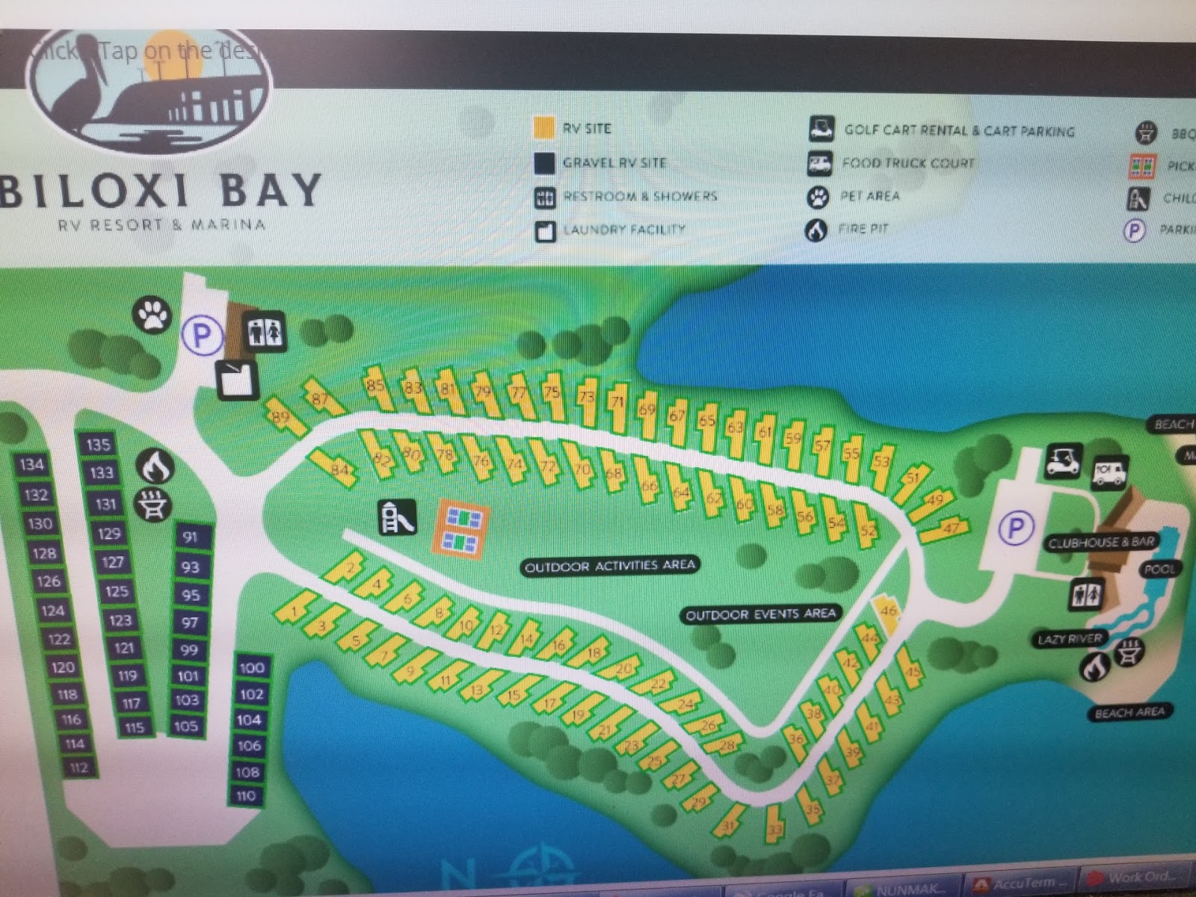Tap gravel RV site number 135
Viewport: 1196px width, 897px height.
98,445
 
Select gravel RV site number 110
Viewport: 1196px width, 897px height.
247,796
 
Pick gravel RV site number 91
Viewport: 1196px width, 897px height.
190,537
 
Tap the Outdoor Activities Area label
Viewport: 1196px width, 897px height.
611,567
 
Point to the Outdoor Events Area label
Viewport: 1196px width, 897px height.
760,614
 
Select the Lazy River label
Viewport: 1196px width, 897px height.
1070,639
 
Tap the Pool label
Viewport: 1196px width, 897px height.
1159,569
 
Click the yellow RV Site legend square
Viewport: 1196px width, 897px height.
545,128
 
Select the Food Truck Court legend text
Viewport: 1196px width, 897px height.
907,163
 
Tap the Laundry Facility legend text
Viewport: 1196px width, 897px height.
623,229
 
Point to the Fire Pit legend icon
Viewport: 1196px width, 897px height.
817,229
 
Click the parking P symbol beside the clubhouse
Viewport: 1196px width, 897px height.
1016,529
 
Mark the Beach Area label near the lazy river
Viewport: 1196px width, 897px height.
1129,712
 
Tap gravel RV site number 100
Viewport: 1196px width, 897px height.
252,668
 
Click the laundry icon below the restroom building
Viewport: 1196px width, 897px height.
237,379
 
